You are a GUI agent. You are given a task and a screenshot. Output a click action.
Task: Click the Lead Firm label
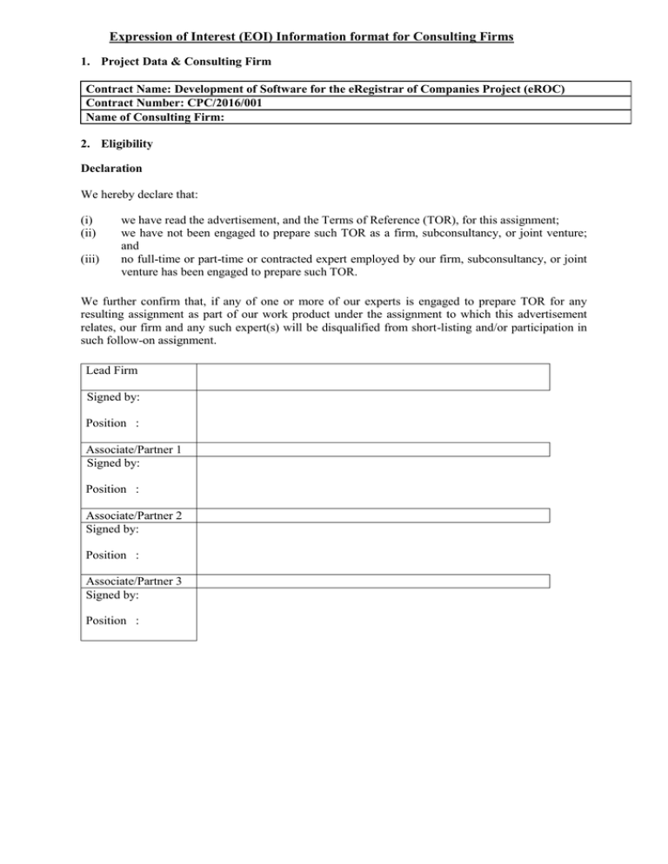[112, 371]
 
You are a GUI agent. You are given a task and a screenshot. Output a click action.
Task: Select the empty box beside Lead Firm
[373, 376]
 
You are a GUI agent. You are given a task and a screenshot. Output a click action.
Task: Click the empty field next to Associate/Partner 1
[373, 449]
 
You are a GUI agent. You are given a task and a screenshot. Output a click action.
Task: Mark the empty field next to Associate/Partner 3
[373, 582]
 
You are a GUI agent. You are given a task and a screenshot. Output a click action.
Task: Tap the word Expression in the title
[141, 37]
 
